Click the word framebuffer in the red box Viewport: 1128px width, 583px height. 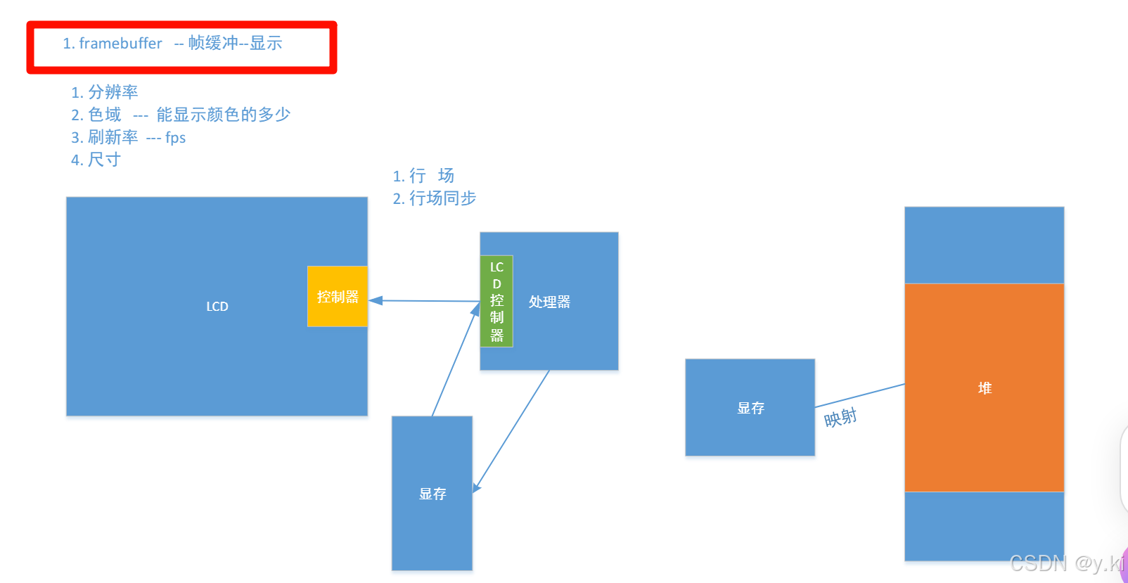point(120,44)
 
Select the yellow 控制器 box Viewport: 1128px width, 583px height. point(338,297)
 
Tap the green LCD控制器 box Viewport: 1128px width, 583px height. point(496,301)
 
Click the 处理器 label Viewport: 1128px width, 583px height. point(549,302)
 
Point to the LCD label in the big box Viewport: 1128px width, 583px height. point(217,307)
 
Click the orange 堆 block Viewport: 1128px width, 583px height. point(984,387)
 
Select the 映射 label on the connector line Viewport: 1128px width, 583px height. point(840,418)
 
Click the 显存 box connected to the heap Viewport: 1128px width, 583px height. point(750,408)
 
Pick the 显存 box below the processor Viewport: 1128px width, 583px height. point(432,494)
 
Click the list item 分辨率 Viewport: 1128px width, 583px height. point(113,92)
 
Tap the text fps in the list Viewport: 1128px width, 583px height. point(176,138)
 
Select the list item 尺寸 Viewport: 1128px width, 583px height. point(104,160)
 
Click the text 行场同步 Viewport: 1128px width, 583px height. point(442,198)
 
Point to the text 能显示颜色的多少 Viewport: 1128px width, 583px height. point(223,115)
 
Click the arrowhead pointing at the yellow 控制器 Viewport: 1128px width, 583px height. point(376,300)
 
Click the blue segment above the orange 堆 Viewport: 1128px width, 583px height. point(984,245)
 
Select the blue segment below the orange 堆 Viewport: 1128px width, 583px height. point(984,525)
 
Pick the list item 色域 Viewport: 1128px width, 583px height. point(105,115)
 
